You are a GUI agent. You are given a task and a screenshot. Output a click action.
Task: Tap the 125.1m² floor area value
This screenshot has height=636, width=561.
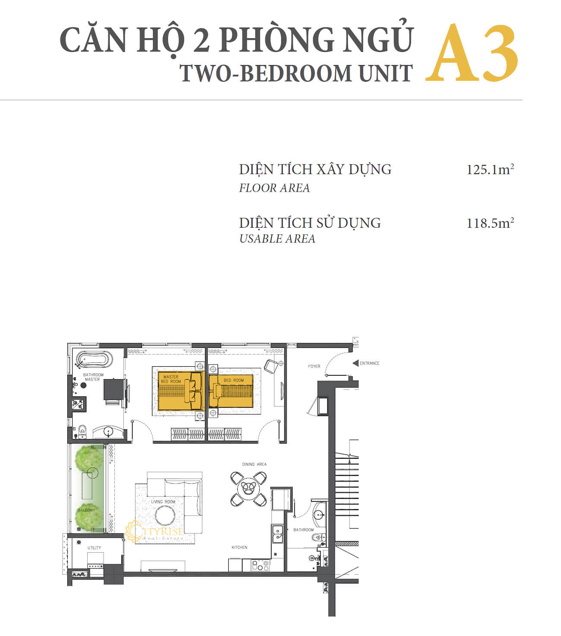490,170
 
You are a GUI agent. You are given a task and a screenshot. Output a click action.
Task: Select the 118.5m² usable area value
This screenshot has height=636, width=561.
490,223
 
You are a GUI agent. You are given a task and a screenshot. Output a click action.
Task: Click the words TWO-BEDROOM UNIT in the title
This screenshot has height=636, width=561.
296,73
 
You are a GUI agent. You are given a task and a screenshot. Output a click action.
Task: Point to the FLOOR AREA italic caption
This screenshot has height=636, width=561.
274,188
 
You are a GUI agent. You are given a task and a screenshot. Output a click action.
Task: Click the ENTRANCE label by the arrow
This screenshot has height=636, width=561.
369,363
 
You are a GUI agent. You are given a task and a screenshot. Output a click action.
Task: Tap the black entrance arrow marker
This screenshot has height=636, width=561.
356,363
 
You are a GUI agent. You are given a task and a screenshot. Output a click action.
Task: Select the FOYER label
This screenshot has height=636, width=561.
314,366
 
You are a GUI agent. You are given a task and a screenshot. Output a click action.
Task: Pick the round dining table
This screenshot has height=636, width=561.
249,488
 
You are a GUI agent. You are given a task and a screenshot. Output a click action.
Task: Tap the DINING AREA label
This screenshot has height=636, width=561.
254,464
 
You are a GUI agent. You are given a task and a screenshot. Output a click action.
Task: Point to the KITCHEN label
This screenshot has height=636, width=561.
240,547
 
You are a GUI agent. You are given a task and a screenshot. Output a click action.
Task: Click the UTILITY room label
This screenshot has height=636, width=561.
94,548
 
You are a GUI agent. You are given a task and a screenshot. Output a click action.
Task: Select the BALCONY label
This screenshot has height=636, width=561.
86,510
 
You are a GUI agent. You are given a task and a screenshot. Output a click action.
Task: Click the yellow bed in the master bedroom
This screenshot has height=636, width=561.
180,391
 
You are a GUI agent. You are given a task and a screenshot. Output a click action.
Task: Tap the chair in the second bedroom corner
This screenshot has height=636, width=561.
271,366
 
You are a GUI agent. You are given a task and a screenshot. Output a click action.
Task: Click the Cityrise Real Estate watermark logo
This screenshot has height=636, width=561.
154,532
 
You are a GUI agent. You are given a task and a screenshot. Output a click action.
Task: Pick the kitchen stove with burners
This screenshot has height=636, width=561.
260,565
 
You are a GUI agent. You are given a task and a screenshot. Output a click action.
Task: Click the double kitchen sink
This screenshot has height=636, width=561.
277,533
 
